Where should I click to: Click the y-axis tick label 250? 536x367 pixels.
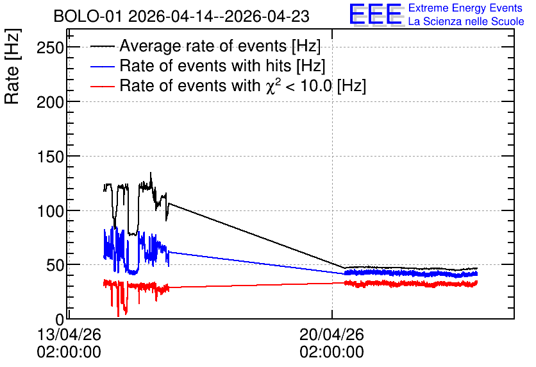coord(50,47)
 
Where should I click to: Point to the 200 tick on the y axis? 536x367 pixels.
coord(50,102)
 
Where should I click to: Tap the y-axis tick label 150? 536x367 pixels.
coord(50,157)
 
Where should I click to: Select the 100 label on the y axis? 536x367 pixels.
coord(50,211)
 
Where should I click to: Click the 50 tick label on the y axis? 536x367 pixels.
coord(55,265)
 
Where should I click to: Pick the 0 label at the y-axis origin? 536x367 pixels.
coord(60,320)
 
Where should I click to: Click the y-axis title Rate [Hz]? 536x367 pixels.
coord(12,66)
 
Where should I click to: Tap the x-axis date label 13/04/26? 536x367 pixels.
coord(69,334)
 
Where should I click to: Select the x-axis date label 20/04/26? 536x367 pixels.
coord(331,334)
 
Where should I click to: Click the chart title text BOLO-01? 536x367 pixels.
coord(87,17)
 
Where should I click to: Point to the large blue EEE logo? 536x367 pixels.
coord(375,14)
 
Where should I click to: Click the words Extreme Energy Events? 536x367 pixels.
coord(465,8)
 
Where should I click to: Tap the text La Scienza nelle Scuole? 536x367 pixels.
coord(466,21)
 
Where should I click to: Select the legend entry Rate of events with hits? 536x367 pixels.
coord(222,65)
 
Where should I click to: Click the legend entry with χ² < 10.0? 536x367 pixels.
coord(243,85)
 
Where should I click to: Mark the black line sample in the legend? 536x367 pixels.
coord(102,46)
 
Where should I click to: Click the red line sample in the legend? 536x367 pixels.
coord(102,86)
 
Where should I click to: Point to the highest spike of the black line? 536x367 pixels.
coord(151,173)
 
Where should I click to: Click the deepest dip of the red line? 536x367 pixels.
coord(118,316)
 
